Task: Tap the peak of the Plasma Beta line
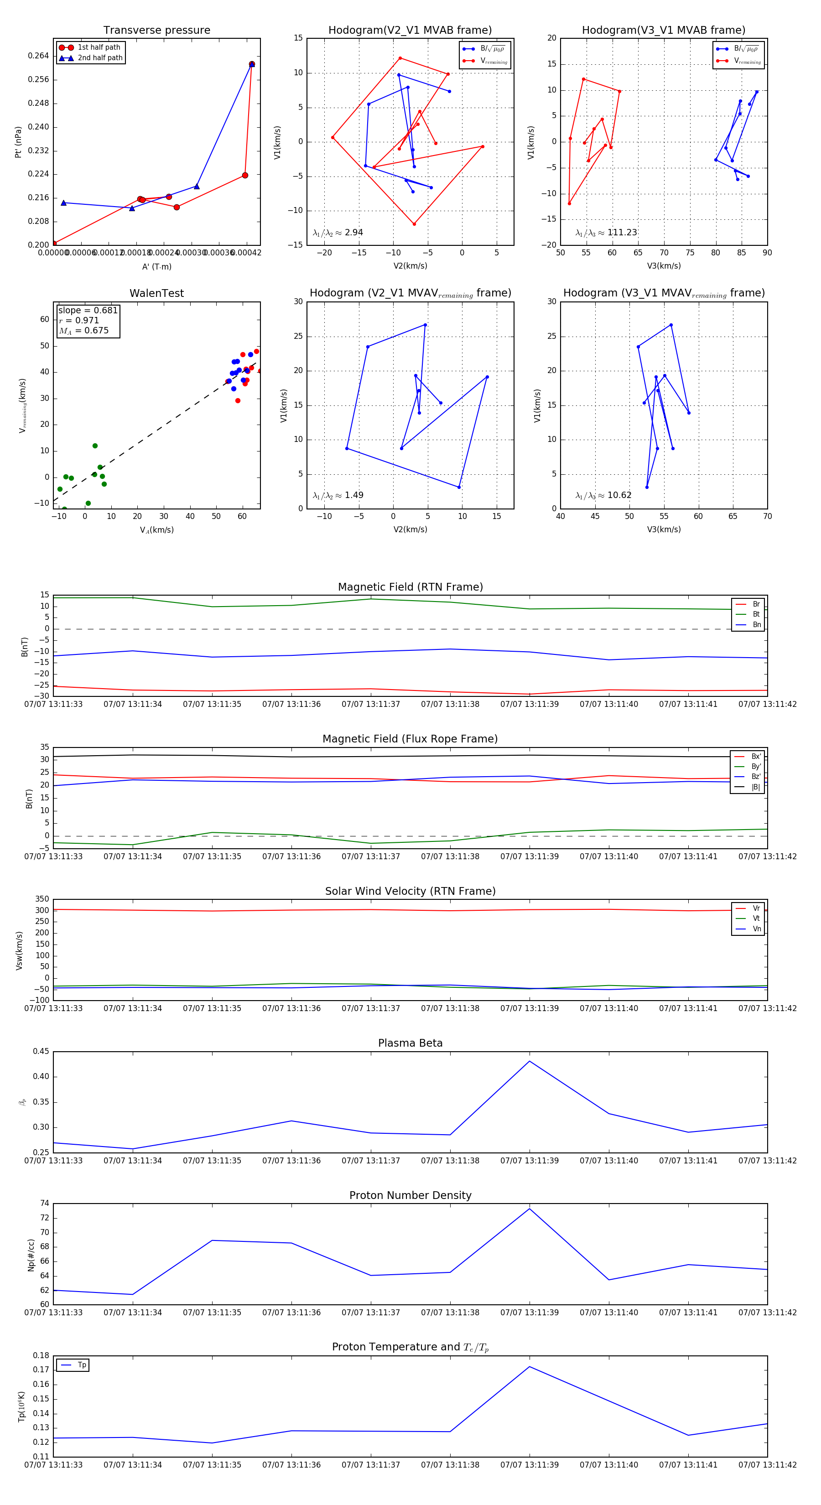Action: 530,1061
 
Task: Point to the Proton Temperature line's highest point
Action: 530,1366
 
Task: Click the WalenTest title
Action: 156,293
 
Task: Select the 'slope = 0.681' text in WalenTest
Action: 88,310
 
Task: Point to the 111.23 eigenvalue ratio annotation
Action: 622,233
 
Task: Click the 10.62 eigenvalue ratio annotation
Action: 619,495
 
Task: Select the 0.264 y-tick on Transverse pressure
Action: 39,56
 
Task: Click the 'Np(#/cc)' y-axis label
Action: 31,1255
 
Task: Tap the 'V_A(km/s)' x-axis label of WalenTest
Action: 156,530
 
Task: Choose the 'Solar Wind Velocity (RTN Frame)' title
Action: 410,891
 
